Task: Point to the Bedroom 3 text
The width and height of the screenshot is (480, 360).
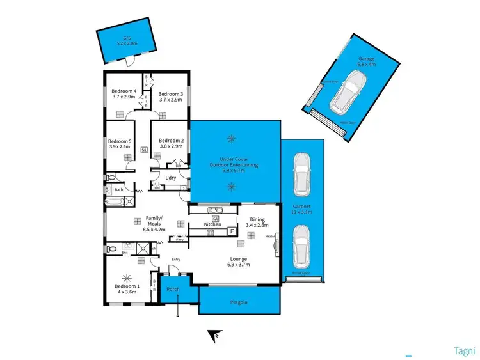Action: [171, 94]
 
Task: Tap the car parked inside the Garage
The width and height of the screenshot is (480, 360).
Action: [346, 91]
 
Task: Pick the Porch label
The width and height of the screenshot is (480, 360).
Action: [173, 290]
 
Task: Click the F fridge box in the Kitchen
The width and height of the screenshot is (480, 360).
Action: [232, 223]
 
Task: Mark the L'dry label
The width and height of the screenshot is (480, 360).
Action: [171, 178]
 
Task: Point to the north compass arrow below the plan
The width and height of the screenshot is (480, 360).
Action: [216, 334]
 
